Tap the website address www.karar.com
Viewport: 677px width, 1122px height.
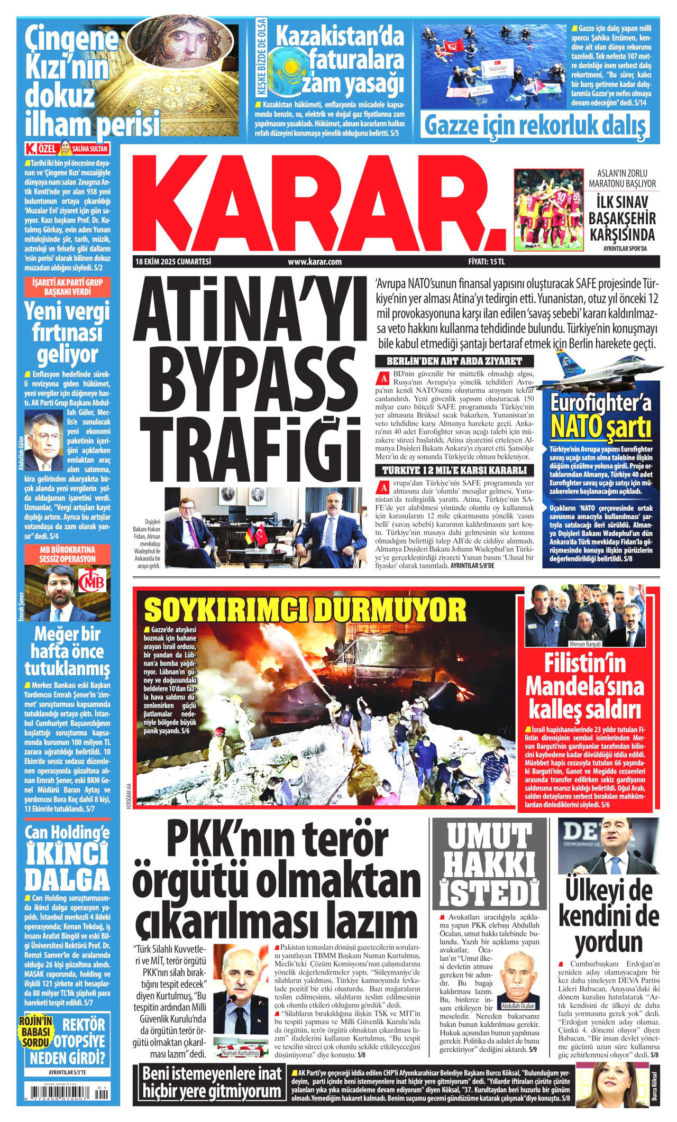[315, 262]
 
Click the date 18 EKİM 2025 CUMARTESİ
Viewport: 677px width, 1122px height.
[173, 262]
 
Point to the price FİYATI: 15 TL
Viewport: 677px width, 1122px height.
[486, 262]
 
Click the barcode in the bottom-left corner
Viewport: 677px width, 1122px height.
[67, 1093]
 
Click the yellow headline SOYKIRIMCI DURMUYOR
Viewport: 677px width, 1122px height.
[305, 610]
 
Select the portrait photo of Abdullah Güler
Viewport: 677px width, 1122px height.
[43, 442]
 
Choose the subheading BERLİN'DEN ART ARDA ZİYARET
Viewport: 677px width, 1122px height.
[454, 362]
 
